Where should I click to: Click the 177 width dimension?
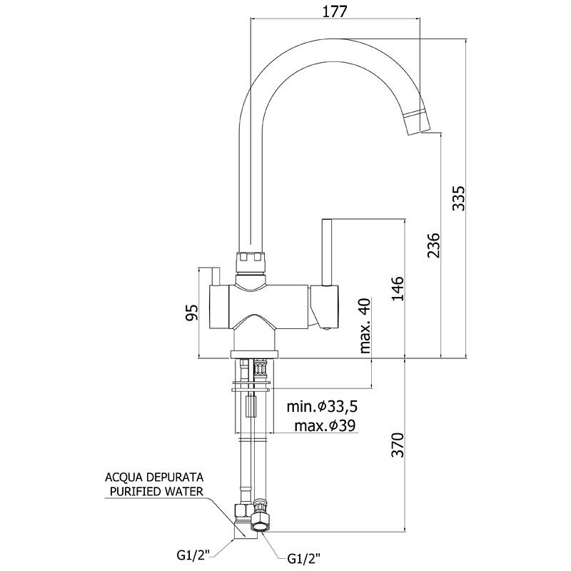(335, 11)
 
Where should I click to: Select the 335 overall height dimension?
(458, 198)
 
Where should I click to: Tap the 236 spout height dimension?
(433, 245)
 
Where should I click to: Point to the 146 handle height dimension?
(398, 288)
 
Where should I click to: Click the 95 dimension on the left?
(192, 312)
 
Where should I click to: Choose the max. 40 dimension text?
(365, 325)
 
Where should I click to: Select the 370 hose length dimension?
(398, 445)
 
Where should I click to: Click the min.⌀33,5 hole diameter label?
(322, 406)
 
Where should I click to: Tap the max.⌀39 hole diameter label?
(325, 425)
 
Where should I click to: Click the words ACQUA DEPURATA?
(154, 477)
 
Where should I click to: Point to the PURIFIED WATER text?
(156, 492)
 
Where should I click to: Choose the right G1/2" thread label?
(304, 557)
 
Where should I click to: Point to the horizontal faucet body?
(273, 307)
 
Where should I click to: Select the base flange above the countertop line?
(254, 354)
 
